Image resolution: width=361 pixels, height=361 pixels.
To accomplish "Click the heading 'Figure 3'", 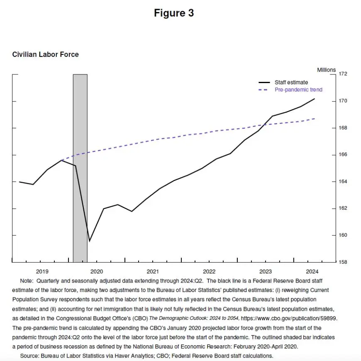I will tap(174, 13).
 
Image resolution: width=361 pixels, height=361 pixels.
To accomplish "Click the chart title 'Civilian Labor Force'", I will tap(45, 54).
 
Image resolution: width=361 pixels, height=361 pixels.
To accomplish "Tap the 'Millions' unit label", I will tap(327, 70).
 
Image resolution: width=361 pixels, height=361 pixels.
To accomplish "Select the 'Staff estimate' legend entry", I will tap(291, 82).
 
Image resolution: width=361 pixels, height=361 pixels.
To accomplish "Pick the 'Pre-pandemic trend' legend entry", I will tap(298, 90).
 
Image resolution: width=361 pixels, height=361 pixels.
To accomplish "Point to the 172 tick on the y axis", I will tap(343, 74).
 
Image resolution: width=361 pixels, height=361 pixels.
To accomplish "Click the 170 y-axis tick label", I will tap(343, 101).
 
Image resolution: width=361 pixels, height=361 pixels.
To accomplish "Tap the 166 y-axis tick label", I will tap(343, 155).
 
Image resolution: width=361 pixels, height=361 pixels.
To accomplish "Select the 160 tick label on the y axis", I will tap(343, 235).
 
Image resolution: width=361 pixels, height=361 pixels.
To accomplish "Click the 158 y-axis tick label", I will tap(343, 262).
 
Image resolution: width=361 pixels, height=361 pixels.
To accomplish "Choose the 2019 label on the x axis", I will tap(42, 271).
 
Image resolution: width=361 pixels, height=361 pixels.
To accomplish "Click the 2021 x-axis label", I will tap(153, 271).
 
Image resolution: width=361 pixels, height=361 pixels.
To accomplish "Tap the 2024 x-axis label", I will tap(312, 271).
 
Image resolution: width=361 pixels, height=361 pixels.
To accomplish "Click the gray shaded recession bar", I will tap(80, 166).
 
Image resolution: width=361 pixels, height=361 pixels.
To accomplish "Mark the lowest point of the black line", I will tap(89, 241).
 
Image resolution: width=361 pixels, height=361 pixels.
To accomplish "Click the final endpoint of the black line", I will tap(315, 99).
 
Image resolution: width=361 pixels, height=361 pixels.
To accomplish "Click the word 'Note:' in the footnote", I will tap(27, 281).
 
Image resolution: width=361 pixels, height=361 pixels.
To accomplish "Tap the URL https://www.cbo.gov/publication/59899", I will tap(289, 318).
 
